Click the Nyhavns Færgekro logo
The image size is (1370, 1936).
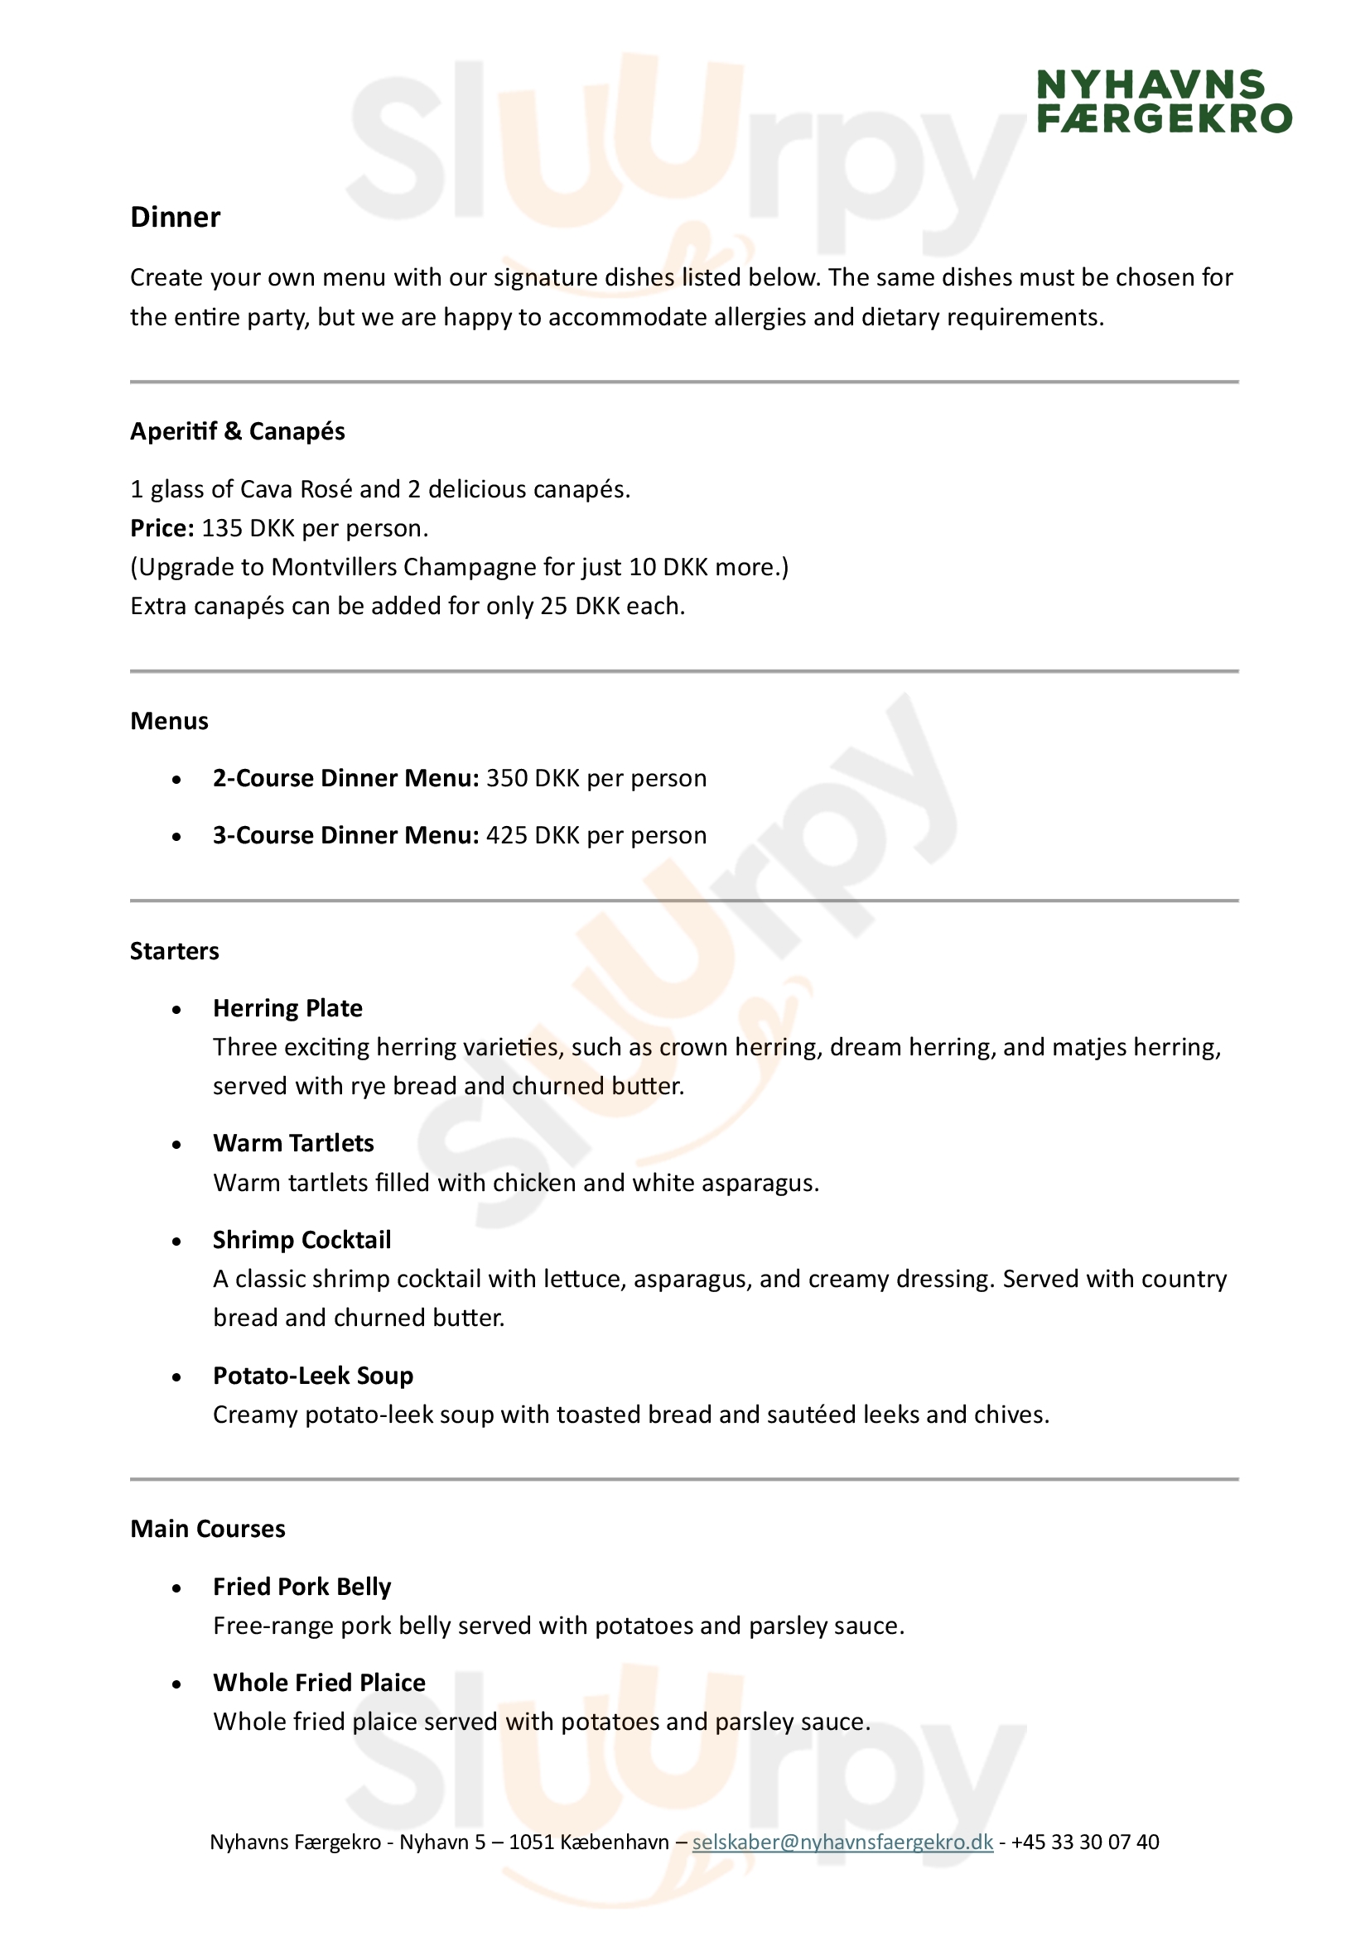point(1163,102)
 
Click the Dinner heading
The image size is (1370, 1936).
point(175,218)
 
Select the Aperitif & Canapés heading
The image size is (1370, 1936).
point(237,432)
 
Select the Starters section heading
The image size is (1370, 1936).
point(174,951)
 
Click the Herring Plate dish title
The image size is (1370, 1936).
point(287,1008)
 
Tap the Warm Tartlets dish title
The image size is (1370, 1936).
point(292,1143)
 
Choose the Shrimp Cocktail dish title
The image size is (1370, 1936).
point(301,1241)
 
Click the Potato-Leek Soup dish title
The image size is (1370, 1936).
point(312,1376)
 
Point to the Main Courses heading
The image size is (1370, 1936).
point(208,1530)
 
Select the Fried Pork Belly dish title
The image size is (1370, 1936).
point(301,1587)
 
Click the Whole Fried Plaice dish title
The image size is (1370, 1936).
point(319,1683)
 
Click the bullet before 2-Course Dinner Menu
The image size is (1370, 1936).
point(176,780)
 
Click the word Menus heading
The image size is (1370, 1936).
point(169,722)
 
